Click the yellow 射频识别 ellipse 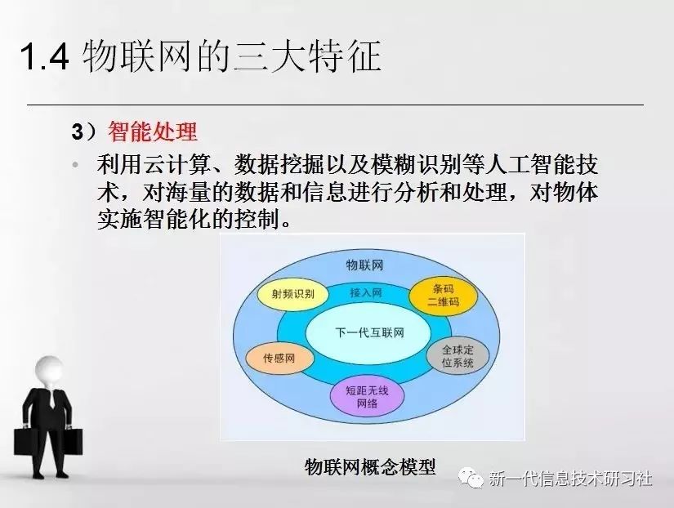[292, 294]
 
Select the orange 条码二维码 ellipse [443, 296]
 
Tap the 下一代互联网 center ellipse [368, 332]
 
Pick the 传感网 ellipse [280, 358]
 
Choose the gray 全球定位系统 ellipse [458, 356]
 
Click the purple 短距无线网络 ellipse [367, 397]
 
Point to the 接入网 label [366, 292]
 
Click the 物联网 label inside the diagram [364, 265]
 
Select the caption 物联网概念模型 [370, 466]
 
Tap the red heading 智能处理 [153, 131]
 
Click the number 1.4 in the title [44, 56]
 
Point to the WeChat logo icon [471, 478]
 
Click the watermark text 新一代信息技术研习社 [570, 479]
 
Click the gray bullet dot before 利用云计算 [76, 164]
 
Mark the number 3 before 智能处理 [77, 131]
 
